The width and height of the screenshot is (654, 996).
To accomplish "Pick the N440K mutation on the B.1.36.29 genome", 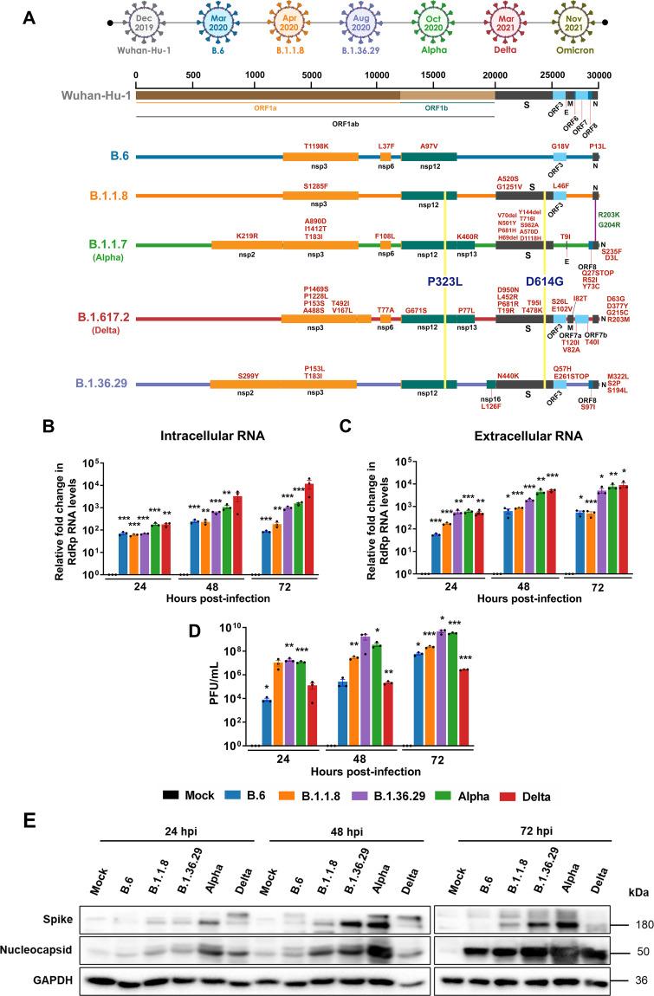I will (509, 377).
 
